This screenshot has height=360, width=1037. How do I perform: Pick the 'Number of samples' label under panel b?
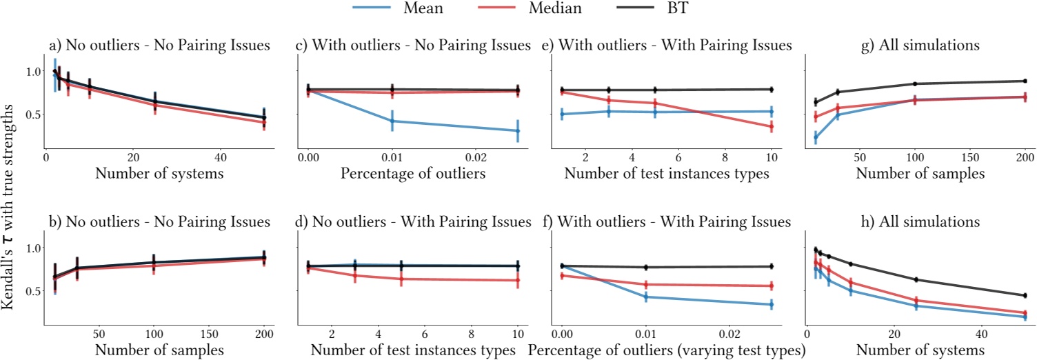click(160, 350)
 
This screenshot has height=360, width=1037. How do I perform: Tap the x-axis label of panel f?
click(675, 350)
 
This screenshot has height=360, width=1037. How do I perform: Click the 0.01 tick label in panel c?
click(392, 157)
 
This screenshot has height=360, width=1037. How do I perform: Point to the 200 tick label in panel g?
click(1025, 157)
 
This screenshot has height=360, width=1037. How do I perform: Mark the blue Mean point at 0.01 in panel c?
click(392, 121)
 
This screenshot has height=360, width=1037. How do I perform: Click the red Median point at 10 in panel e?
click(771, 126)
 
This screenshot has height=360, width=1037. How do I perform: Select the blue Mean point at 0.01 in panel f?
click(646, 297)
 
